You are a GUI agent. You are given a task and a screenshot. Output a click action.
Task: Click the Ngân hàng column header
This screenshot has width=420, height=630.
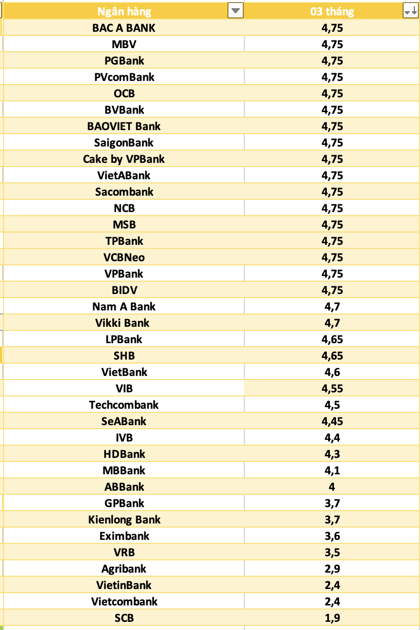coord(124,12)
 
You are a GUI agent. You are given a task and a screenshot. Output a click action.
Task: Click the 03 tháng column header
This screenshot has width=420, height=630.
coord(332,12)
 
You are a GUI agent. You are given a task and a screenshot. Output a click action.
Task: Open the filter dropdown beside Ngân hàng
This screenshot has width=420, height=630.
coord(236,11)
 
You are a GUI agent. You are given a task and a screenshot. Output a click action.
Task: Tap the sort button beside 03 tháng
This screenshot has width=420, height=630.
coord(411,11)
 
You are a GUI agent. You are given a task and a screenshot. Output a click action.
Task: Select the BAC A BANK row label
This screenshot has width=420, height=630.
coord(124,28)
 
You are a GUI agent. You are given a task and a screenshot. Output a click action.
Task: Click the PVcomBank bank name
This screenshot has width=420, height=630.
coord(124,77)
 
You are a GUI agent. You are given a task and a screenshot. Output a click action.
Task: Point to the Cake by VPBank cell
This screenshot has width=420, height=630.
coord(124,159)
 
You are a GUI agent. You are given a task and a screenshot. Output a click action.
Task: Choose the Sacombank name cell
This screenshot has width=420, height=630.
coord(124,192)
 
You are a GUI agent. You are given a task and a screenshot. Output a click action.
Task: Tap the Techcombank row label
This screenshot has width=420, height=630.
coord(124,405)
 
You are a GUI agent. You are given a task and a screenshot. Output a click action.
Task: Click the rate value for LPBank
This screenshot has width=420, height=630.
coord(332,340)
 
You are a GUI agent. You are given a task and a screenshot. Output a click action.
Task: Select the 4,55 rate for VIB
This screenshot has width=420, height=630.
coord(332,389)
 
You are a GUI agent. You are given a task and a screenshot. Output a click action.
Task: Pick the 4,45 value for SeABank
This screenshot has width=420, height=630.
coord(332,422)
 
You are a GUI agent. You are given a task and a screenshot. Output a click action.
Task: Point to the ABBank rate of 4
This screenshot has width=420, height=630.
coord(332,487)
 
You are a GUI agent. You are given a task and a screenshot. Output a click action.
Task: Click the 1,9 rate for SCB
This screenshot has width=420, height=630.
coord(332,618)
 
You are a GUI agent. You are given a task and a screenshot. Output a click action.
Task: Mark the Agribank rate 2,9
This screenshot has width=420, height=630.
coord(332,569)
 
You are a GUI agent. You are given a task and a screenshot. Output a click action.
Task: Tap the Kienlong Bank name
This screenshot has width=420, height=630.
coord(124,520)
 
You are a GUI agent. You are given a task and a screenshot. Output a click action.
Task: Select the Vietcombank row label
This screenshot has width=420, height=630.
coord(124,601)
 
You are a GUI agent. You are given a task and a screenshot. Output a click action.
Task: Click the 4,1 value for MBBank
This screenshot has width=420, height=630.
coord(332,471)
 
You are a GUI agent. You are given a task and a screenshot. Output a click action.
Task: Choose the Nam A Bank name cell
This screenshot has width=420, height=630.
coord(124,307)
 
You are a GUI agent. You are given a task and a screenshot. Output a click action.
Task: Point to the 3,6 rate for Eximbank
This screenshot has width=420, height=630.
coord(332,536)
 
